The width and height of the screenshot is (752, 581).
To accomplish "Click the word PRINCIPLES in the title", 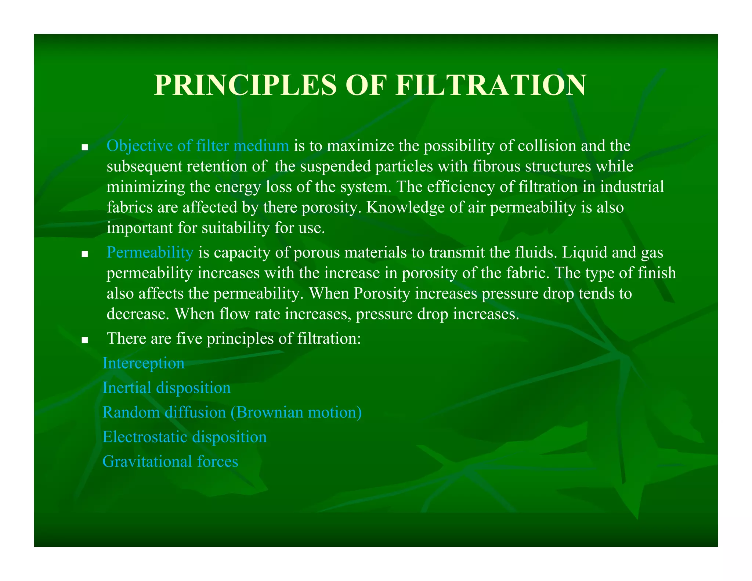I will tap(245, 85).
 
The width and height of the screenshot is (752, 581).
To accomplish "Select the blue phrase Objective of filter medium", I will tap(198, 146).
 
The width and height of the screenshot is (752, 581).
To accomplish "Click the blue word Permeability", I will tap(150, 253).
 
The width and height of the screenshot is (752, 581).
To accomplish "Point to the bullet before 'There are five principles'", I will tap(85, 340).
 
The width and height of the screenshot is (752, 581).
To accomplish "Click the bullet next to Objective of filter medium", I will tap(85, 148).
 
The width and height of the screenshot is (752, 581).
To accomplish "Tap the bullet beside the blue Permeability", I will tap(85, 254).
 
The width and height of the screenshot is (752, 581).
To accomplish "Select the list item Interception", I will tap(144, 364).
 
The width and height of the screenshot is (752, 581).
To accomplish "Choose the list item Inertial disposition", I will tap(167, 388).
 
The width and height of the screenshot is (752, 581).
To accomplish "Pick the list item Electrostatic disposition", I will tap(185, 437).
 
